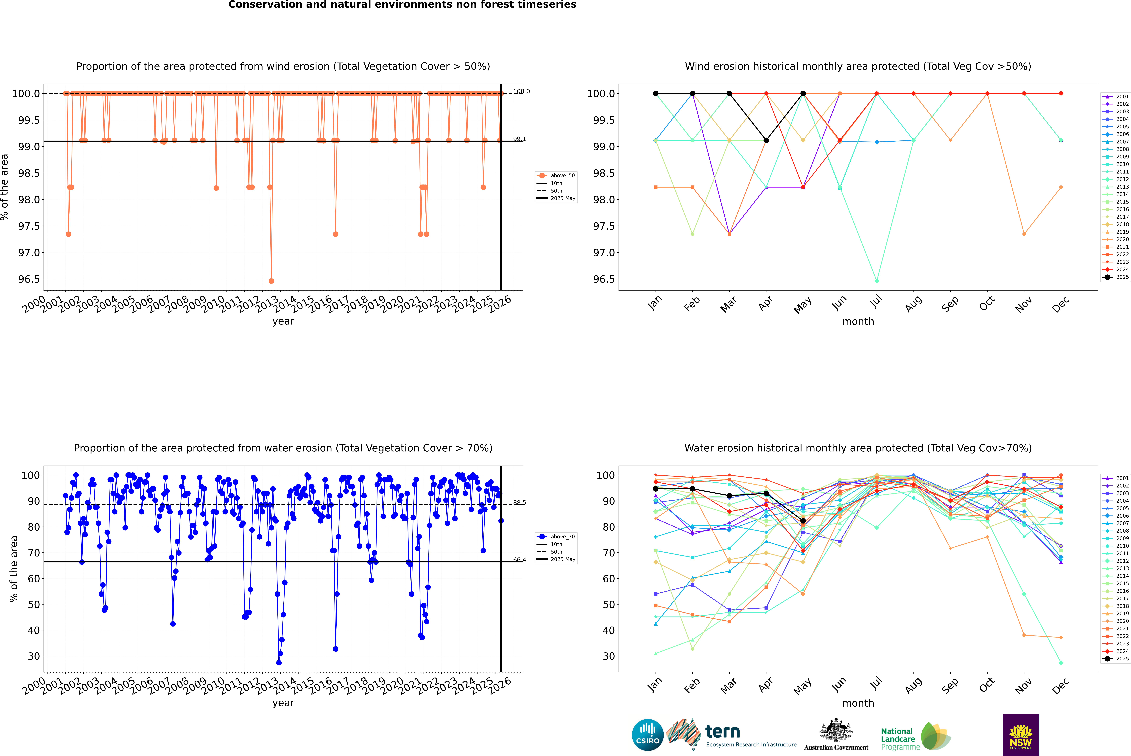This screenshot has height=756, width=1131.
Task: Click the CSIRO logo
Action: [x=648, y=735]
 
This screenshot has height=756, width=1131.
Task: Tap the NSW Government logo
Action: [x=1021, y=734]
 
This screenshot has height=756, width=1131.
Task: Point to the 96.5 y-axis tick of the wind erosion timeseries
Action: [x=29, y=279]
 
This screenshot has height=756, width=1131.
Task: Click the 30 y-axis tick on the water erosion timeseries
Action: [x=34, y=656]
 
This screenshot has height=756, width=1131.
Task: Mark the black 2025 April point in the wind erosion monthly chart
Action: [x=766, y=140]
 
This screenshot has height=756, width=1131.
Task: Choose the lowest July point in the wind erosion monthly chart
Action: [x=876, y=281]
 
